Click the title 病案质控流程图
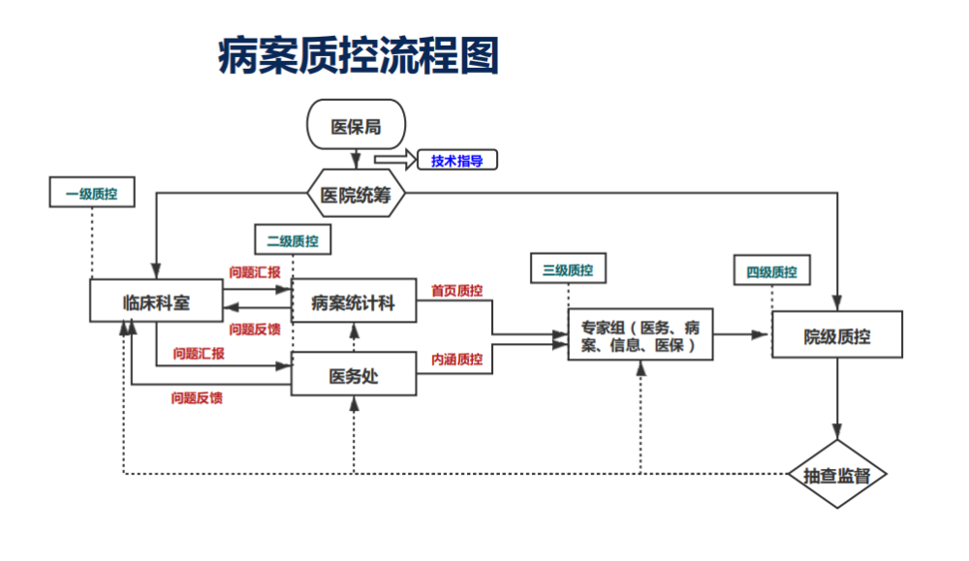(358, 57)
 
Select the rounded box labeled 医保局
(356, 126)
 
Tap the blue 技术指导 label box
(456, 161)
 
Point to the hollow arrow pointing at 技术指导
(393, 159)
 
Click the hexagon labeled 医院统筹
(356, 195)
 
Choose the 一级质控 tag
(91, 193)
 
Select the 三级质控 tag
(568, 269)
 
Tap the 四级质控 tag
(771, 271)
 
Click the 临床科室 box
(157, 302)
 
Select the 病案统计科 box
(354, 303)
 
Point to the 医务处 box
(354, 376)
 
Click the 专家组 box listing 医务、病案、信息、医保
(641, 335)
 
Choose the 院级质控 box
(837, 335)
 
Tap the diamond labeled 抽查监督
(837, 475)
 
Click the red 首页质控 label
(456, 290)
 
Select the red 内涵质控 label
(456, 359)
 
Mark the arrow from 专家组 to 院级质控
(742, 335)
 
